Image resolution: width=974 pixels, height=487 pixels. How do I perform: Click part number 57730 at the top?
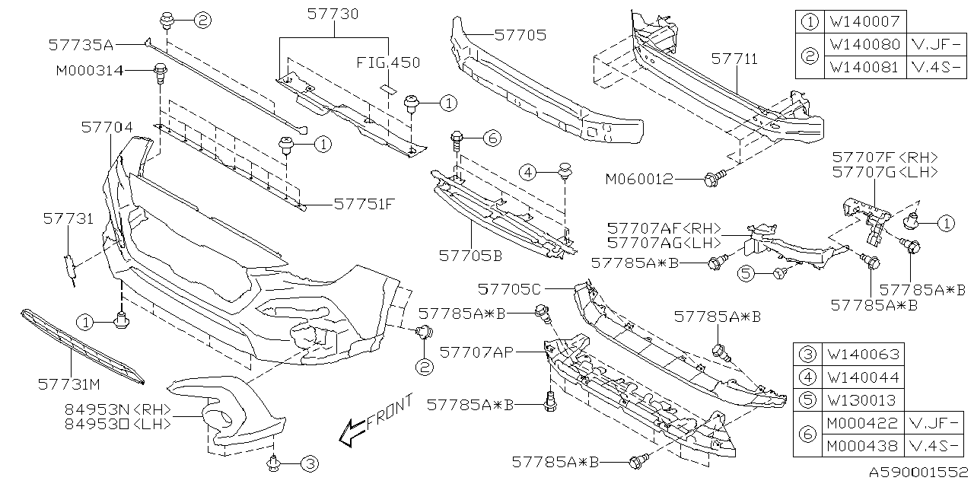coord(333,14)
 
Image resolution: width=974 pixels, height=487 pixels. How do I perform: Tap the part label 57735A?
coord(80,45)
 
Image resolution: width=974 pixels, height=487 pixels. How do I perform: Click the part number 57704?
coord(107,128)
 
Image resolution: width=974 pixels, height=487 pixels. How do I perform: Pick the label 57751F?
coord(364,204)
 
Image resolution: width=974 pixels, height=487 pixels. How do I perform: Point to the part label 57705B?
coord(470,256)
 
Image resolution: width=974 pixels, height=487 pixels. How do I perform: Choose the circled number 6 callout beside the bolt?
coord(492,138)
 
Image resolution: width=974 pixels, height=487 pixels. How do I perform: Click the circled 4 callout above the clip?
coord(530,173)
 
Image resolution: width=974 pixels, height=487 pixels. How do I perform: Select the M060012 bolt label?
coord(639,180)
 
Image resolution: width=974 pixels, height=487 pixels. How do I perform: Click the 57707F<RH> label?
coord(885,157)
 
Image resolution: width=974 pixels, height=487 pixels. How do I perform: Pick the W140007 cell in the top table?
coord(864,21)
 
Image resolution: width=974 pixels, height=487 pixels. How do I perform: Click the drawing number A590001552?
coord(920,473)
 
